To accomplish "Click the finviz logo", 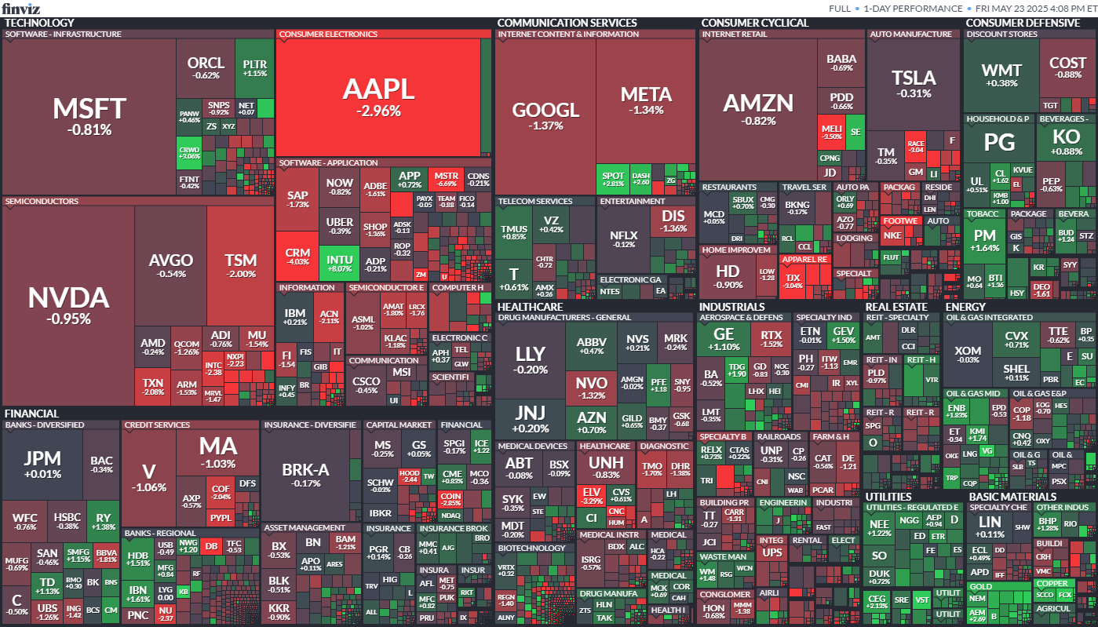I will pos(21,9).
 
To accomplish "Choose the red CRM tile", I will pos(297,257).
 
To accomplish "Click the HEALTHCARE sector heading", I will pos(530,306).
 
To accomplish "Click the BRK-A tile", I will pos(305,474).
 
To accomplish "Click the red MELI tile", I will pos(830,131).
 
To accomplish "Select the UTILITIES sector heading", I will pos(888,497).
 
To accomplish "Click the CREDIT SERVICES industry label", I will pos(157,425).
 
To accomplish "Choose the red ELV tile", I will pos(591,495).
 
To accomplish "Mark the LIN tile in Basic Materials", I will pos(989,526).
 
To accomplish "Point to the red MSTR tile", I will pos(446,179).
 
